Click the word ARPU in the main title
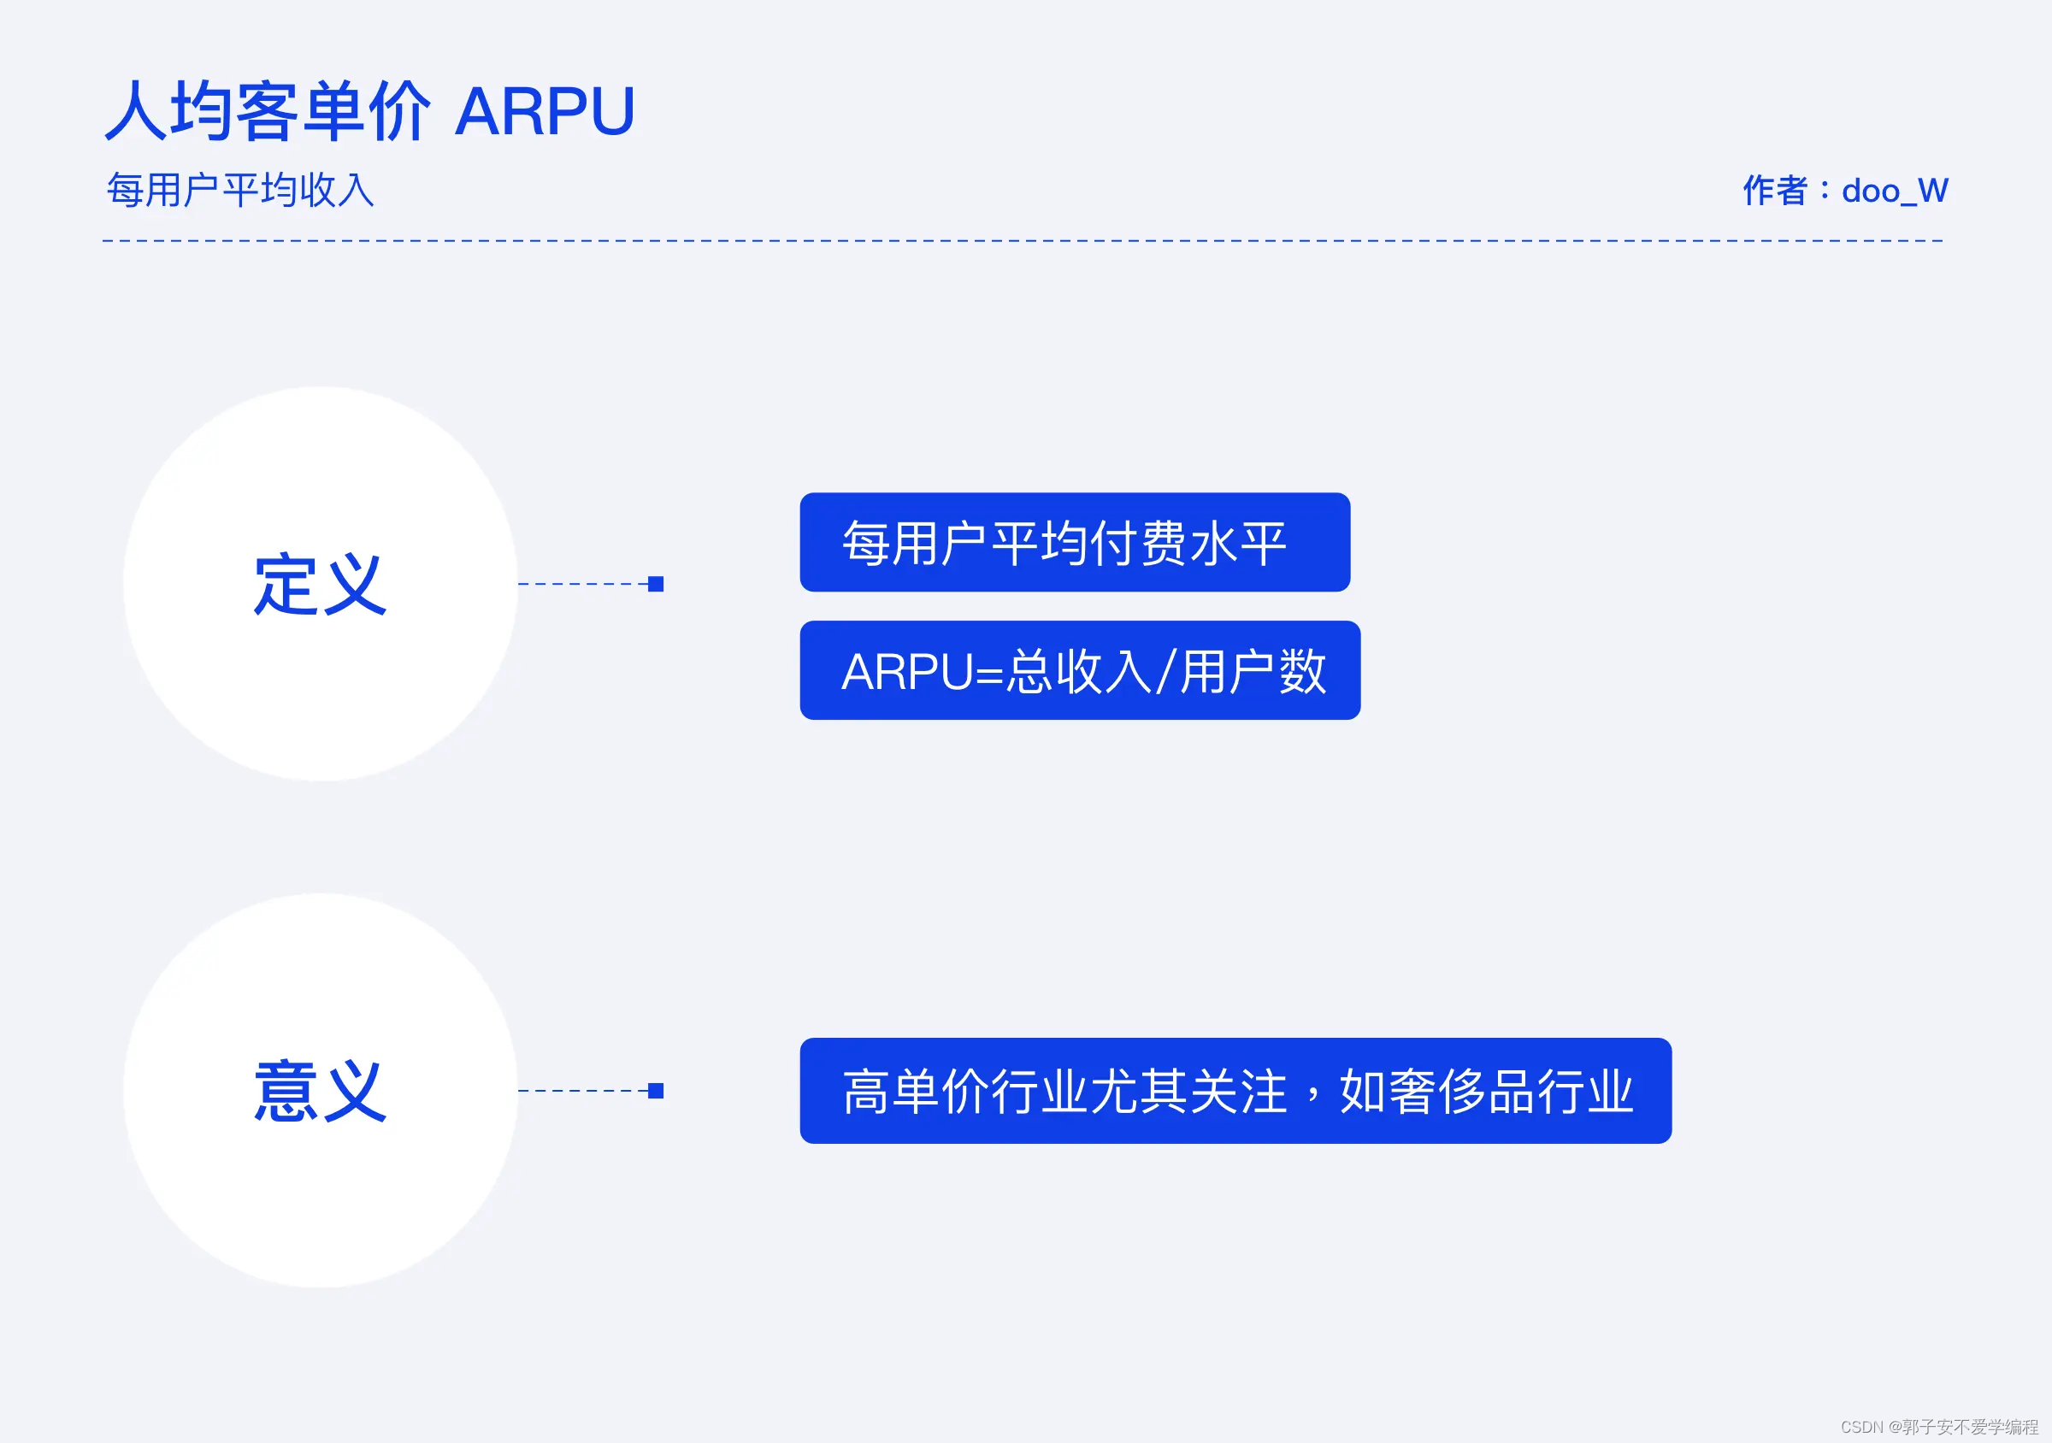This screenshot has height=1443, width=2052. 545,112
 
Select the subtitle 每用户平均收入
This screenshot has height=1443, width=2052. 240,191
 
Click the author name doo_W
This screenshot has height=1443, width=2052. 1894,191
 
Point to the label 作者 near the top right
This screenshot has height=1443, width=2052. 1774,191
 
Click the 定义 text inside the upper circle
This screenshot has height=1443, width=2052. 320,585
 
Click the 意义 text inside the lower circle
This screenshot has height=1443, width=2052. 320,1091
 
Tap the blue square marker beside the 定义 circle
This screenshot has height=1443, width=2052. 655,585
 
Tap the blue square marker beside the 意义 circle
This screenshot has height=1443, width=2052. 655,1091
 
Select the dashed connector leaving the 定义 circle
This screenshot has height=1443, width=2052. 581,585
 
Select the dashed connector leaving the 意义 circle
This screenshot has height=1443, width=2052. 581,1091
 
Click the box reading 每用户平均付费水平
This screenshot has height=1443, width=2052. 1073,542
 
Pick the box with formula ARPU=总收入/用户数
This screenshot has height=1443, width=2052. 1079,670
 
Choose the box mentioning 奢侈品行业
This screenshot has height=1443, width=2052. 1235,1091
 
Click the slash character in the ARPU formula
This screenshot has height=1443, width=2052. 1164,672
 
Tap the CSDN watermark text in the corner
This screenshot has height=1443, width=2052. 1937,1427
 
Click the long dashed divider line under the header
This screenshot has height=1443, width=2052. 1023,240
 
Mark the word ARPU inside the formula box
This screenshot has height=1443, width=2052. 906,672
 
